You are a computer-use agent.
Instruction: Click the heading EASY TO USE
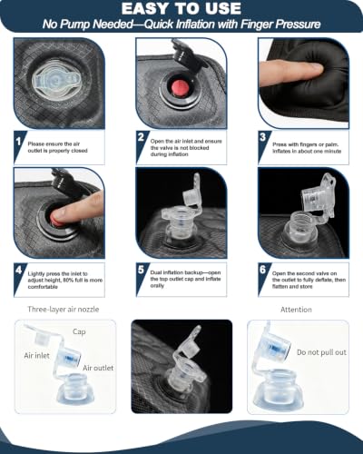[x=181, y=8]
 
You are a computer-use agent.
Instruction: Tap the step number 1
[x=19, y=142]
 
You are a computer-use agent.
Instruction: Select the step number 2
[x=141, y=137]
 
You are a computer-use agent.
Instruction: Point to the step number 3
[x=262, y=137]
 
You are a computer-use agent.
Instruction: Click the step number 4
[x=19, y=270]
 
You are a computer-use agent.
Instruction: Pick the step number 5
[x=141, y=269]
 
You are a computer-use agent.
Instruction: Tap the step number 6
[x=262, y=269]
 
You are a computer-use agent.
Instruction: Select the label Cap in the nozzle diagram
[x=79, y=331]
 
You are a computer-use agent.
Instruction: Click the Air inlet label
[x=36, y=355]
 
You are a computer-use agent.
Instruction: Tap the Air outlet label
[x=98, y=368]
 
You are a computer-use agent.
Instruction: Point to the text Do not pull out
[x=321, y=352]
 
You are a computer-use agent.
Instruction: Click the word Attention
[x=296, y=310]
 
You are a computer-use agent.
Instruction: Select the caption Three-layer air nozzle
[x=64, y=310]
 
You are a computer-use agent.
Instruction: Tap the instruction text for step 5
[x=185, y=279]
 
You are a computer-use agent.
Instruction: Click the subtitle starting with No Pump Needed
[x=181, y=24]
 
